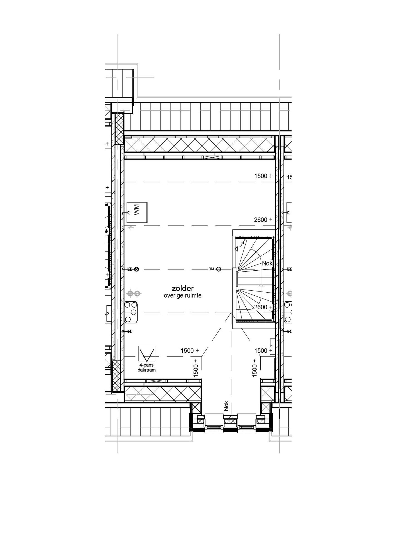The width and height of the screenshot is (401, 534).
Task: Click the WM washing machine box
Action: (137, 212)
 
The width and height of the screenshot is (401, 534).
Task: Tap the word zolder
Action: (183, 288)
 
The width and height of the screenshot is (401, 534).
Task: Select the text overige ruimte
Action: (183, 296)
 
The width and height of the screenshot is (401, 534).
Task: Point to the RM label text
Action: (211, 269)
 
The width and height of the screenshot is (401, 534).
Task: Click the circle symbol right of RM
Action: (219, 269)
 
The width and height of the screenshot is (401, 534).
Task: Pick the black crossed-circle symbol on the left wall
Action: (136, 269)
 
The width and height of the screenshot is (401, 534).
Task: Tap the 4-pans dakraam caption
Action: (147, 368)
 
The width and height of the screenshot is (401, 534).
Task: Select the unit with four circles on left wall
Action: (131, 312)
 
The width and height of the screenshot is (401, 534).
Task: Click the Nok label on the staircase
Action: (267, 263)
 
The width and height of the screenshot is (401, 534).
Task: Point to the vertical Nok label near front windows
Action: (226, 406)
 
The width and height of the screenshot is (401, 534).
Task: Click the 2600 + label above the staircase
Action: (263, 220)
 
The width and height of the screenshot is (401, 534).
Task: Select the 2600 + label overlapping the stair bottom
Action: (263, 307)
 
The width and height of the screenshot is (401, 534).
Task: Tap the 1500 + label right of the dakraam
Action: (190, 351)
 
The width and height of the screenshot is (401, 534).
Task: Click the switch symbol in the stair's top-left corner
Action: (243, 243)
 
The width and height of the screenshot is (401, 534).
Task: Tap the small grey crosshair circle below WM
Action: (131, 228)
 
